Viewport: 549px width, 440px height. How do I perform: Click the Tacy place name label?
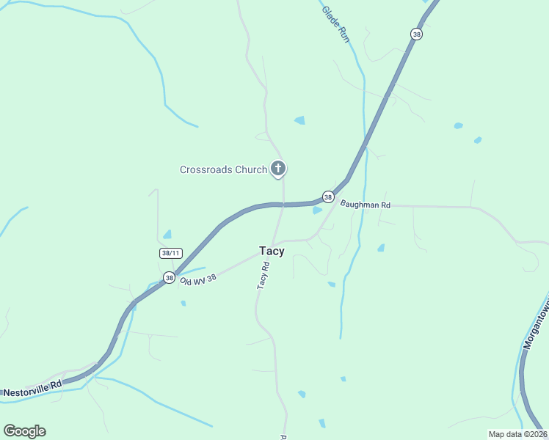[272, 251]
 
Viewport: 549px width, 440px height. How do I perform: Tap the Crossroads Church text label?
[223, 169]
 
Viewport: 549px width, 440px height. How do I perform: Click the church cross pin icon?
[277, 169]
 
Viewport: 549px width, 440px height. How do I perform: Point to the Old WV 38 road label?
[198, 279]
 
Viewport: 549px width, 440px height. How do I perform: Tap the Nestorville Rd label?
[32, 393]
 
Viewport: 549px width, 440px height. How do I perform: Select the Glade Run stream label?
[335, 24]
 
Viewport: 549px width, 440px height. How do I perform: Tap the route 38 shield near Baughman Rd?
[327, 197]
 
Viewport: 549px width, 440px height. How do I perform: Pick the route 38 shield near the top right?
[416, 34]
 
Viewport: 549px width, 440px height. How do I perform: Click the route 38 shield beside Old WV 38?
[169, 278]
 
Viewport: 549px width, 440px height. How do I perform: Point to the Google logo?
[24, 431]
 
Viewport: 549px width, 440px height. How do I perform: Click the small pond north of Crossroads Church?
[299, 120]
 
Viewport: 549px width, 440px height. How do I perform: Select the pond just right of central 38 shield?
[317, 210]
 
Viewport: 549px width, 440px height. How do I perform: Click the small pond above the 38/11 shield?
[167, 235]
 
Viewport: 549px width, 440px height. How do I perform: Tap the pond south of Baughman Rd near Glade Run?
[381, 248]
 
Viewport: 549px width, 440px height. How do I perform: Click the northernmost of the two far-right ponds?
[458, 125]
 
